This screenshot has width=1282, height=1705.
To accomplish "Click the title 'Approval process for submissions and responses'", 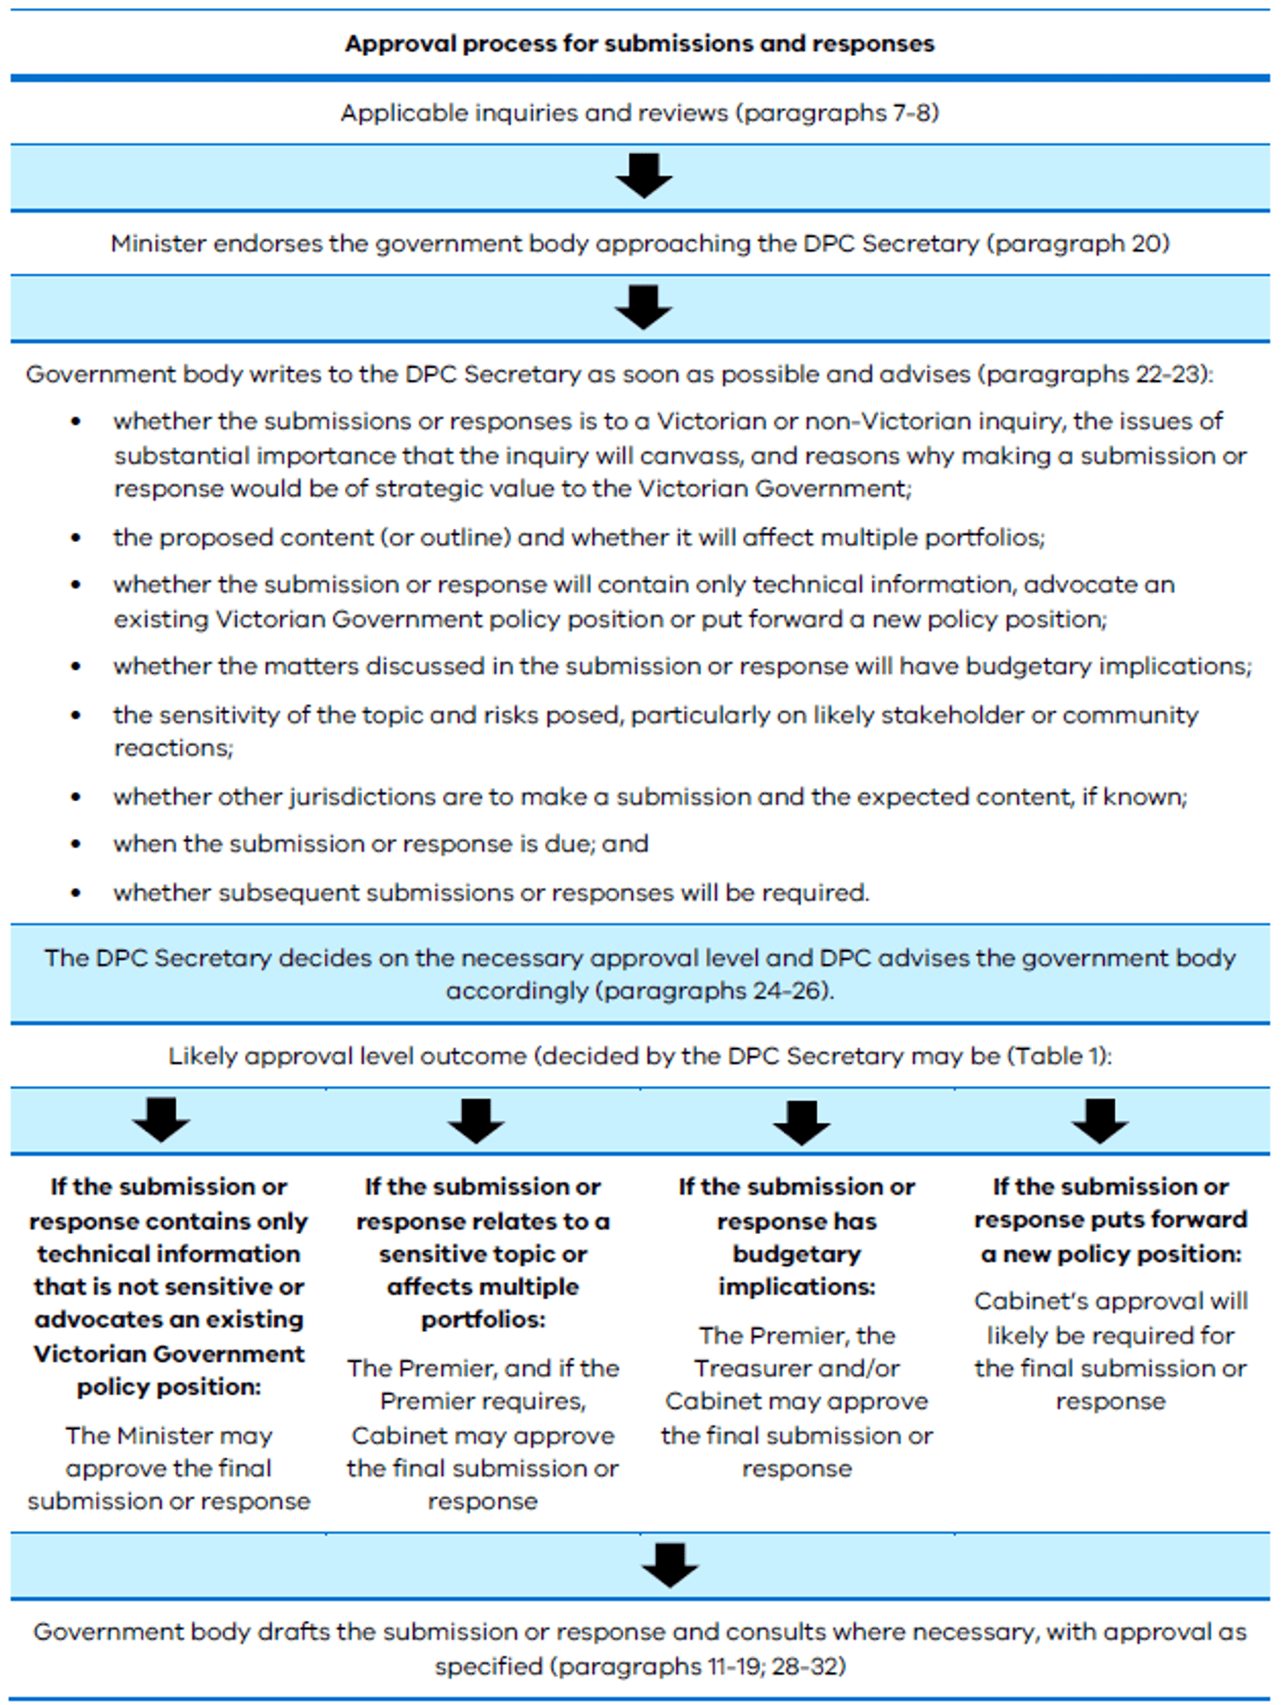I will (639, 44).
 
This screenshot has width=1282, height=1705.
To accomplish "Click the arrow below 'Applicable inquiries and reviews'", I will (644, 175).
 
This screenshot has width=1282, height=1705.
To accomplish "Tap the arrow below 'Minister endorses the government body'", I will (644, 307).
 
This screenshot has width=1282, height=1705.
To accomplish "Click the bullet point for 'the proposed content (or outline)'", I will (77, 538).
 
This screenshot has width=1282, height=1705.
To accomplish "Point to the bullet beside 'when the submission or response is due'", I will (77, 844).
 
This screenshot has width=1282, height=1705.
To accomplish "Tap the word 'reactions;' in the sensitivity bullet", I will (173, 748).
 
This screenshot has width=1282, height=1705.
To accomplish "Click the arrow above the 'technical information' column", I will (161, 1120).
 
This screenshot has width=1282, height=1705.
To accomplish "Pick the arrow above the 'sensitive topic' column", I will (476, 1120).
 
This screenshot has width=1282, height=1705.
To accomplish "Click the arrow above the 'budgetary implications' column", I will (801, 1122).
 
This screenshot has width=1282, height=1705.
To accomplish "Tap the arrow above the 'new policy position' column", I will (1100, 1120).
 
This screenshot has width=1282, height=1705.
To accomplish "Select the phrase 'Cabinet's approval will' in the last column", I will (1110, 1302).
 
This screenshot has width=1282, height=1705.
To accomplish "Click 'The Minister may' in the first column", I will (168, 1436).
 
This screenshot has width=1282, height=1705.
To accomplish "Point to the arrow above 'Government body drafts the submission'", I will (669, 1564).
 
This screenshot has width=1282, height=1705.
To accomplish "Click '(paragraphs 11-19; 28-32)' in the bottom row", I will (639, 1667).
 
